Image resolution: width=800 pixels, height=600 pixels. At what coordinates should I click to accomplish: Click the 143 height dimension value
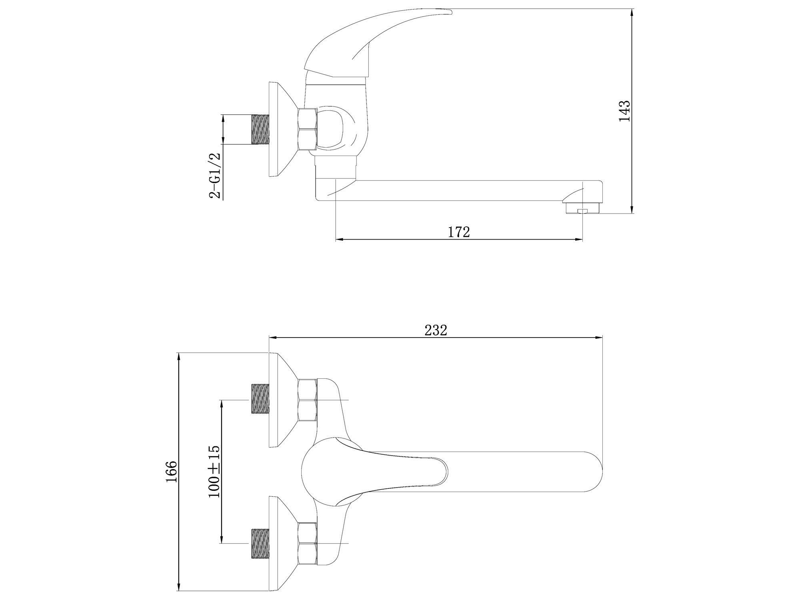(624, 111)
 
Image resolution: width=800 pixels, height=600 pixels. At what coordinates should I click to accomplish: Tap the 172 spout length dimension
(458, 232)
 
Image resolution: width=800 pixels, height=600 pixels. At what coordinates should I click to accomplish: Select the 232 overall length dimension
(436, 330)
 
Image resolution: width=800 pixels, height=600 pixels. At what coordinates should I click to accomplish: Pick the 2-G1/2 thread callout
(215, 175)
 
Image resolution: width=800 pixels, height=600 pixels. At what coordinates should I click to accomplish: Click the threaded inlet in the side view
(261, 129)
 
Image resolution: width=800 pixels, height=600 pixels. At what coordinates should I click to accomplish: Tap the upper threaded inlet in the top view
(261, 399)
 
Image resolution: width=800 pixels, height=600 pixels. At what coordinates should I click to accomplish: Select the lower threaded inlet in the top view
(261, 543)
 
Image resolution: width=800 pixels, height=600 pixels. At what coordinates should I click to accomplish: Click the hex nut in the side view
(308, 129)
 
